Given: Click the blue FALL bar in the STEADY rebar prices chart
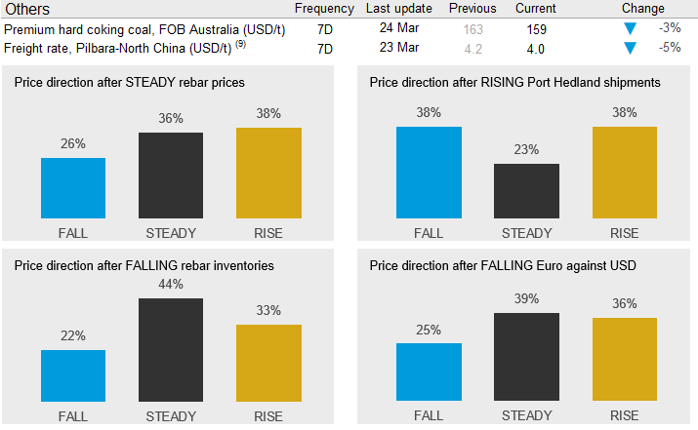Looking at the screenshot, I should [x=73, y=188].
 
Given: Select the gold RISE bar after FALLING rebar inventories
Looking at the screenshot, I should [x=268, y=363].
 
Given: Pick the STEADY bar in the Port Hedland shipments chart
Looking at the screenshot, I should [x=526, y=190].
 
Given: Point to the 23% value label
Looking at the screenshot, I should [x=526, y=150].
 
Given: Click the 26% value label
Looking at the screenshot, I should [x=73, y=144].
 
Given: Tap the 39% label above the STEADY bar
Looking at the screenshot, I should [x=526, y=299].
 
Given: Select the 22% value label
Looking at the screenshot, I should [x=73, y=336].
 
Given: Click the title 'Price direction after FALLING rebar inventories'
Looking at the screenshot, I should [x=144, y=265].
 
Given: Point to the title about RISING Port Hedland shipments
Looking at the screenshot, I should [x=515, y=83].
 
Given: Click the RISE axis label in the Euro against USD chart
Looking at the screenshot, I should [x=624, y=416].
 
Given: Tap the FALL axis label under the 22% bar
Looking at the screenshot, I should [x=73, y=416].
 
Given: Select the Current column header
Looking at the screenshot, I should [x=536, y=9].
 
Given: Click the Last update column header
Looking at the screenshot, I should [x=398, y=9].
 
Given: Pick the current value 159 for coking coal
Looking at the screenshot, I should [x=536, y=29].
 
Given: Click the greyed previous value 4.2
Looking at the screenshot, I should [x=473, y=48].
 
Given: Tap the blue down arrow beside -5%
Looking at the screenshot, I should [x=630, y=48].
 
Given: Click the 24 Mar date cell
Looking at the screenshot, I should [x=398, y=28].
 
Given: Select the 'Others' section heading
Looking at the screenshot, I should [x=28, y=9].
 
